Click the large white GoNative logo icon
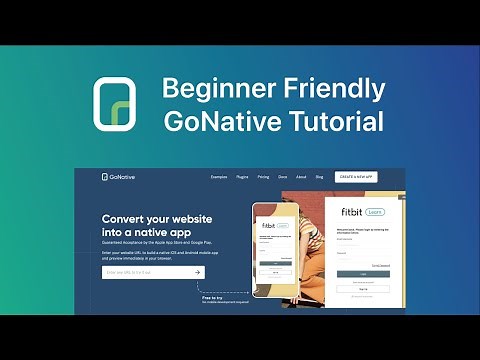coord(115,104)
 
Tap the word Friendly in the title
coord(329,88)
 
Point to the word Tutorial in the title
coord(335,122)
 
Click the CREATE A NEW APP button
coord(356,177)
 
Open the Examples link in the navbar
coord(219,177)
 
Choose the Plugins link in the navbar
coord(241,177)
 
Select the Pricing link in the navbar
coord(263,177)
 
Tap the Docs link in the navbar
coord(283,177)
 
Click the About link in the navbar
coord(300,177)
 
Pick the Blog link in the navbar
coord(319,177)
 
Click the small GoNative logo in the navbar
coord(119,177)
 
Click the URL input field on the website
coord(145,271)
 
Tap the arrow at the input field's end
coord(198,271)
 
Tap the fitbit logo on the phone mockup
coord(267,226)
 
